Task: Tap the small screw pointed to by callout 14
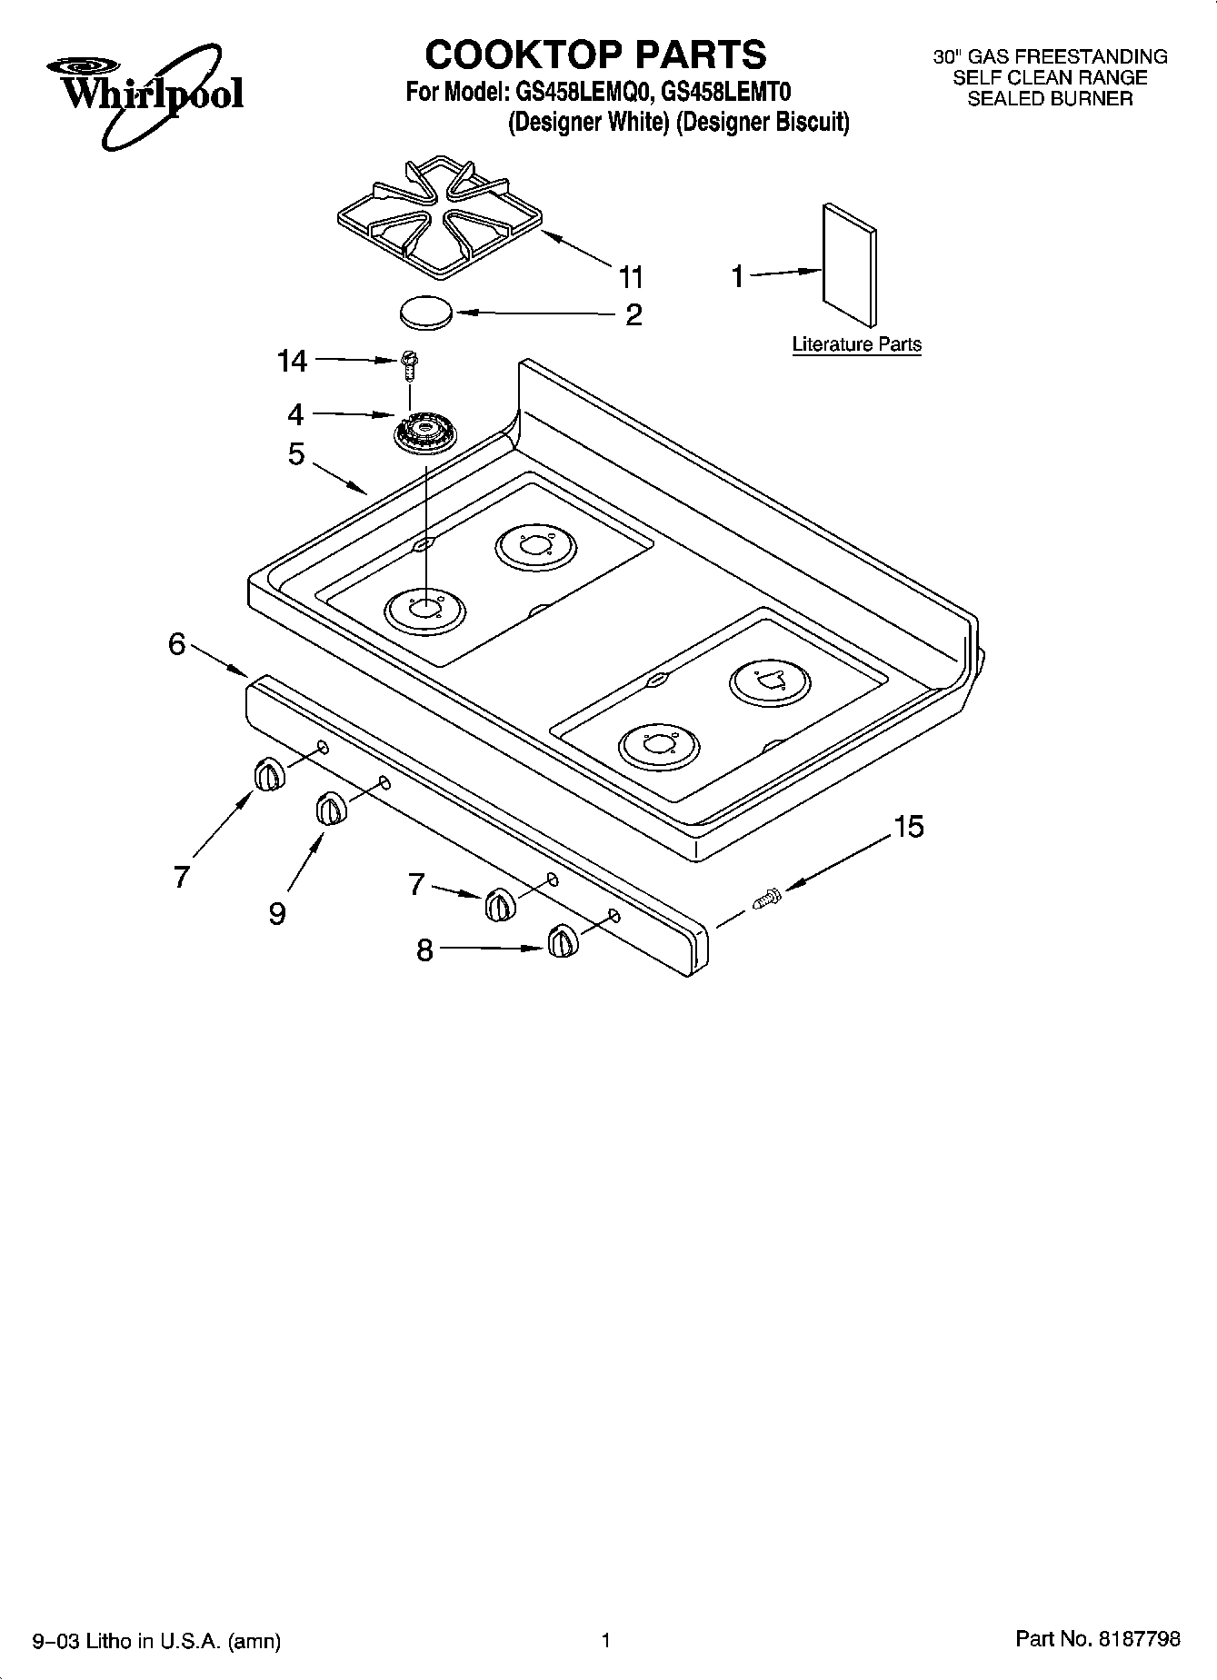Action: [410, 363]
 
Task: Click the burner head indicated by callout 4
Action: [424, 431]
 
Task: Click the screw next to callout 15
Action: [767, 898]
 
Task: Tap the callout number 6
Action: [176, 644]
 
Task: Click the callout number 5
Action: [296, 453]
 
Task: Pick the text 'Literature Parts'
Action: [856, 344]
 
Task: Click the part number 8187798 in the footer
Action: [1139, 1639]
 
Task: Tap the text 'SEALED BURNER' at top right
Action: [1050, 99]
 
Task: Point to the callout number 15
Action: [908, 827]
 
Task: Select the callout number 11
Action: [631, 276]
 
